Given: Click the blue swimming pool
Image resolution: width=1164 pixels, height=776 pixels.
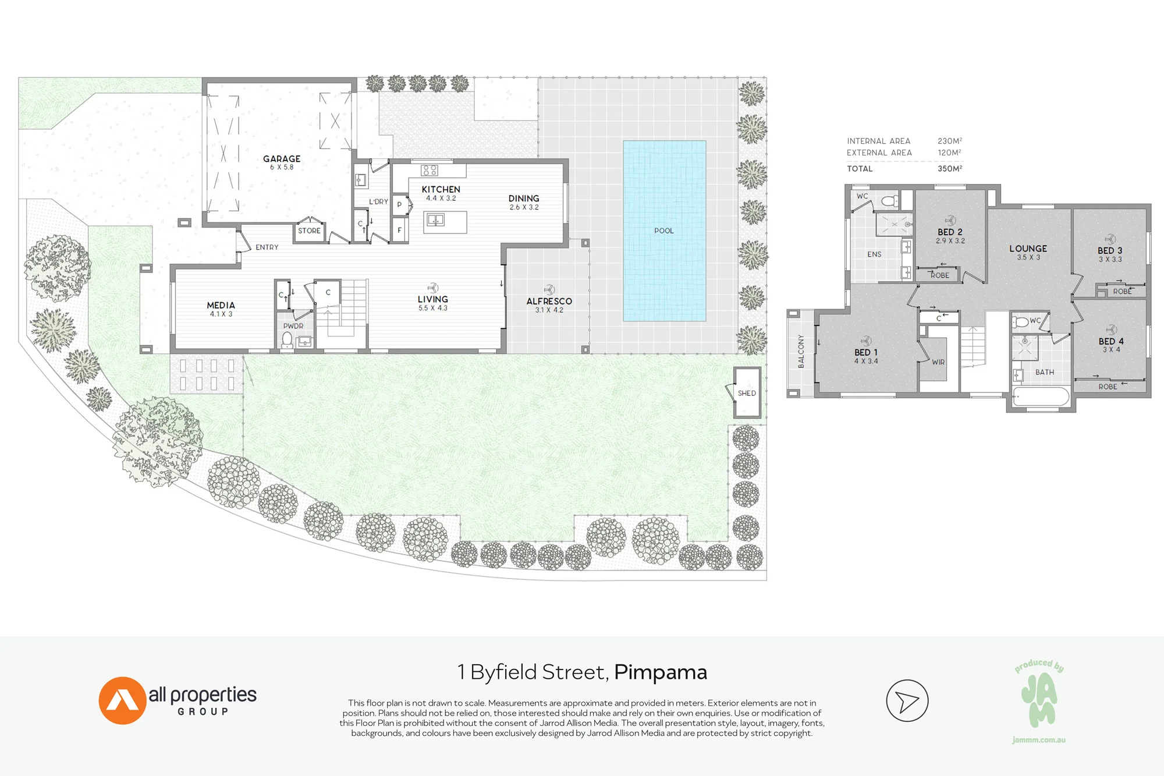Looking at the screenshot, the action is (664, 231).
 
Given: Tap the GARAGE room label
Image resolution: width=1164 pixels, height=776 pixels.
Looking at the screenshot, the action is (282, 159).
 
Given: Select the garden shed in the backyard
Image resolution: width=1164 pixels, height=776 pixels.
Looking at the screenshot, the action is (747, 392).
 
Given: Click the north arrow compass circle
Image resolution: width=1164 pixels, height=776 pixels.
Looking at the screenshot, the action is (907, 700).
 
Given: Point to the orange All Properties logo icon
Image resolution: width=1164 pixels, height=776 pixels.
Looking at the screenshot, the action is (122, 700).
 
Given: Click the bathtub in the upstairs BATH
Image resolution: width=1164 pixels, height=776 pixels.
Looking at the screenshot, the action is (1041, 397).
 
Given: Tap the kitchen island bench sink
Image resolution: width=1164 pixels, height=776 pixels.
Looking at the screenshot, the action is (435, 220).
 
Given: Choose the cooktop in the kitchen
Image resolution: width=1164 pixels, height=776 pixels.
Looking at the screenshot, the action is (430, 170).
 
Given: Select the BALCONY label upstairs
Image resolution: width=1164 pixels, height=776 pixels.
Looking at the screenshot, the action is (801, 351).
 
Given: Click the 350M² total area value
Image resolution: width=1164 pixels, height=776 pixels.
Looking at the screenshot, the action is (950, 169).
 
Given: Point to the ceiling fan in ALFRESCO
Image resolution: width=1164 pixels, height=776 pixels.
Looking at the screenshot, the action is (549, 289).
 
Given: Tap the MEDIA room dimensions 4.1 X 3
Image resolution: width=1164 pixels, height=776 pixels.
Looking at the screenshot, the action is (221, 314).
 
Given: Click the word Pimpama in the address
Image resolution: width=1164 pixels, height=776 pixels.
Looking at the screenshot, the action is (661, 672).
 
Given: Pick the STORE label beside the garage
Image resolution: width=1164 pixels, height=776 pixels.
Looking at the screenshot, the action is (309, 231).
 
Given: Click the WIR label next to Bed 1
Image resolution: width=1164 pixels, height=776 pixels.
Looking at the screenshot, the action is (938, 362).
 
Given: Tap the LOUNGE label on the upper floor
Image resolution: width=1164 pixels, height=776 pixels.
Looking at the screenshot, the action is (1028, 249).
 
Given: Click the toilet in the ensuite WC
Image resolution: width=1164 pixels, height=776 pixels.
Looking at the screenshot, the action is (890, 201).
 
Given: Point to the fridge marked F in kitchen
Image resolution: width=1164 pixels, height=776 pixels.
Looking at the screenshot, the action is (399, 230).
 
